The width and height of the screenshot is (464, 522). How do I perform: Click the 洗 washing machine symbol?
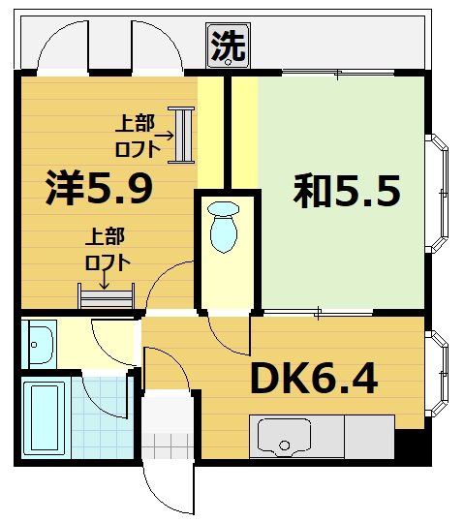[229, 44]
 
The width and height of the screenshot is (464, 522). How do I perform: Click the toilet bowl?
[224, 228]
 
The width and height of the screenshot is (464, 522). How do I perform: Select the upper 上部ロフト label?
[136, 133]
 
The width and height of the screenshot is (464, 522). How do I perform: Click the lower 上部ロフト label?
[108, 249]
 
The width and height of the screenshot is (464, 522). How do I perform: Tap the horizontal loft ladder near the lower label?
[107, 294]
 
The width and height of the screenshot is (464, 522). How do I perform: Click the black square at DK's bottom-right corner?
[414, 445]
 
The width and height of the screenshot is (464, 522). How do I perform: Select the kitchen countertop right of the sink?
[368, 436]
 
